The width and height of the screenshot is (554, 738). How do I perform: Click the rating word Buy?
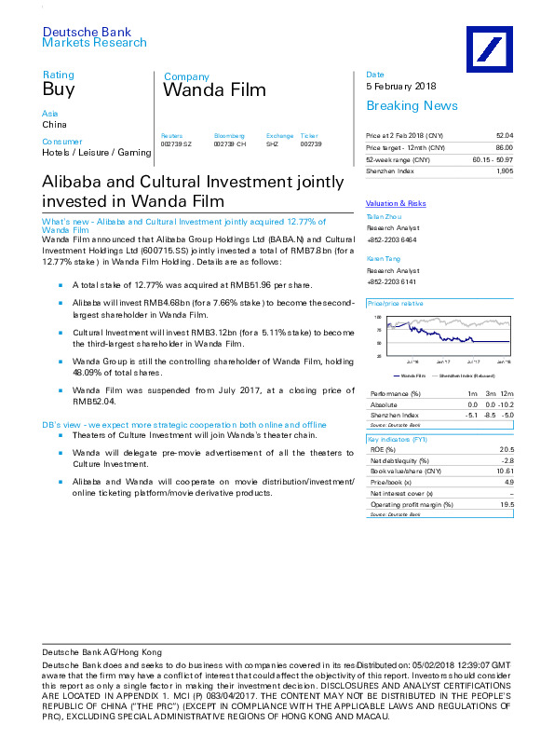(x=58, y=90)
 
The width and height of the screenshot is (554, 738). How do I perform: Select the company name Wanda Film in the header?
(x=214, y=91)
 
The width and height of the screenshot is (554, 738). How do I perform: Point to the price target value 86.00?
(x=504, y=148)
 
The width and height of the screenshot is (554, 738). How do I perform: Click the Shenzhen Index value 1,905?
(x=505, y=171)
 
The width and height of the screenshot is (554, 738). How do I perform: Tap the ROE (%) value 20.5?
(x=506, y=449)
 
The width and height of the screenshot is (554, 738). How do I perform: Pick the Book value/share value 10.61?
(x=504, y=471)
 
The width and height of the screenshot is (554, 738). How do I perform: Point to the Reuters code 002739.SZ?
(x=176, y=144)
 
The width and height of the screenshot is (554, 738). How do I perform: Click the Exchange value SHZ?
(x=272, y=144)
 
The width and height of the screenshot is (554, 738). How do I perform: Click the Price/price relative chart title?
(x=396, y=304)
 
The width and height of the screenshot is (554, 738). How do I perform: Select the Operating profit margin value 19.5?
(x=506, y=504)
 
